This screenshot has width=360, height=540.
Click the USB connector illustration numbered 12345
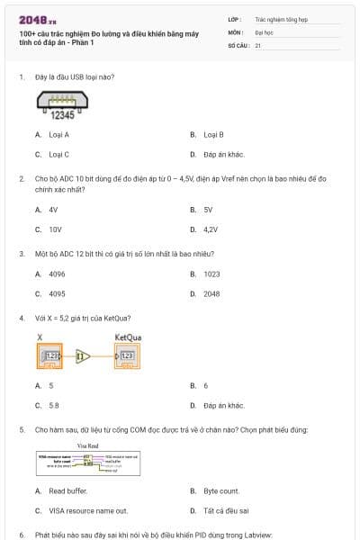[62, 108]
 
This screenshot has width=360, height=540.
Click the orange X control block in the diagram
[49, 357]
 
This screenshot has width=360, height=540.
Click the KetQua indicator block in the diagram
[126, 357]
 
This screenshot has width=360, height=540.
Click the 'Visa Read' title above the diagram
[87, 445]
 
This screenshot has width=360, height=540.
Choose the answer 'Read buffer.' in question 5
[67, 490]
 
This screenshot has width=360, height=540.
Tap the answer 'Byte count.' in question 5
[220, 490]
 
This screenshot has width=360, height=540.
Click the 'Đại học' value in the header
[264, 31]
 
